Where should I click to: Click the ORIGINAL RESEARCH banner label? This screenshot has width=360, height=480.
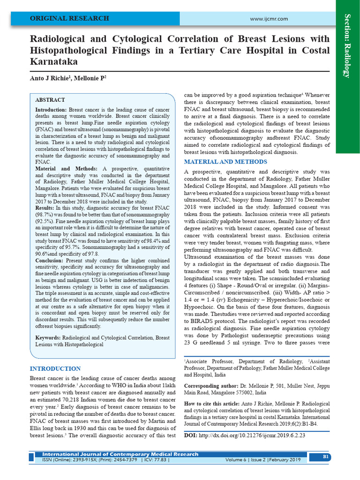69,19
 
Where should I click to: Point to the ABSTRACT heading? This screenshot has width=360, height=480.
50,100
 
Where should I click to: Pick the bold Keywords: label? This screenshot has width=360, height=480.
48,337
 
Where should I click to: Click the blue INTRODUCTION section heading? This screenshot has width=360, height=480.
55,369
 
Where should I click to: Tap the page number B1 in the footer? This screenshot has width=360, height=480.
326,457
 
